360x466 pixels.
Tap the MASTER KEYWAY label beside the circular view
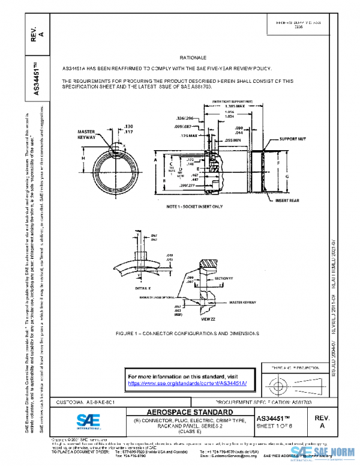(x=86, y=135)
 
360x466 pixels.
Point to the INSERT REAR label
(x=289, y=200)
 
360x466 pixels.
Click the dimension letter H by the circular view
(x=83, y=158)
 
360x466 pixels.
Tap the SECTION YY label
(x=222, y=278)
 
